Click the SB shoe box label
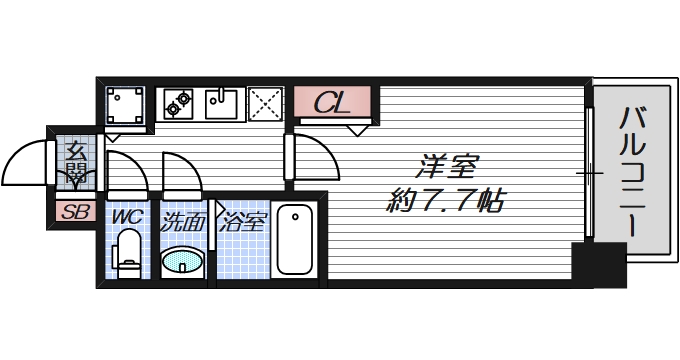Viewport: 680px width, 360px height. point(73,212)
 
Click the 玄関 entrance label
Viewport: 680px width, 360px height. point(76,164)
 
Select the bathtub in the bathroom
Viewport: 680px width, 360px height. point(295,240)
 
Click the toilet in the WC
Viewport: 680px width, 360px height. point(127,253)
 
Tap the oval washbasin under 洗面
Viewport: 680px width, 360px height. point(183,261)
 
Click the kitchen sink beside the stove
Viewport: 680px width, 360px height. point(221,101)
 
